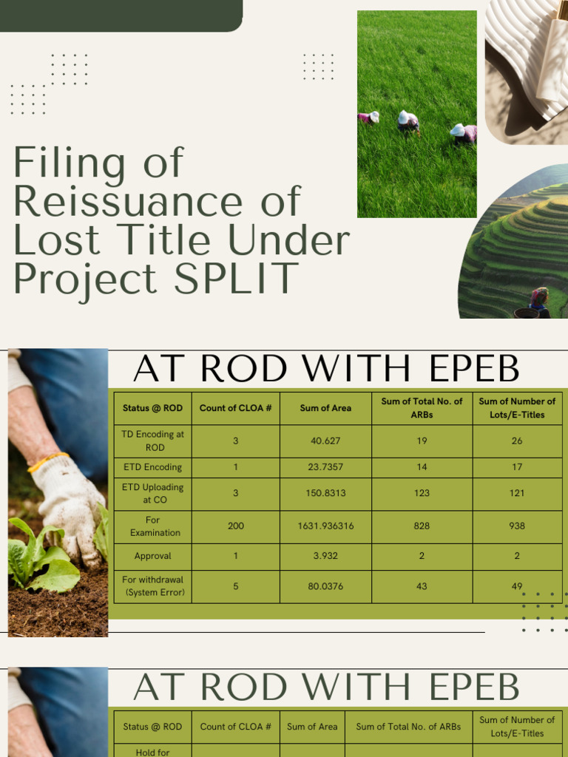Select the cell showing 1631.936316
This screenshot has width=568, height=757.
point(325,526)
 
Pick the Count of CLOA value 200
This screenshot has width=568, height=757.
point(236,526)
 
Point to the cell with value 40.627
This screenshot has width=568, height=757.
point(325,441)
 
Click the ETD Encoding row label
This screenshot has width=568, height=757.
point(152,467)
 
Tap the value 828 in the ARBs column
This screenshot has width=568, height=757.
point(422,526)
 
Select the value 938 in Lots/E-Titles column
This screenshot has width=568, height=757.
point(517,526)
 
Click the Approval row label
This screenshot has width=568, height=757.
point(152,556)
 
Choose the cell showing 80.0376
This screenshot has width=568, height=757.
point(325,586)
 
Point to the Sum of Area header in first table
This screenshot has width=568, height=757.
point(325,408)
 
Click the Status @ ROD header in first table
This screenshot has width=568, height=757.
point(152,408)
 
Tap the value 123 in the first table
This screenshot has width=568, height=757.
point(422,493)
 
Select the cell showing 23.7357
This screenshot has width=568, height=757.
point(325,467)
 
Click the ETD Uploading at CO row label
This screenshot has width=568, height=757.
point(152,493)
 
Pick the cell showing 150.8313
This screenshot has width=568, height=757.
point(325,493)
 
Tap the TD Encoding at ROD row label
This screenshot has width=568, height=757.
point(152,441)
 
